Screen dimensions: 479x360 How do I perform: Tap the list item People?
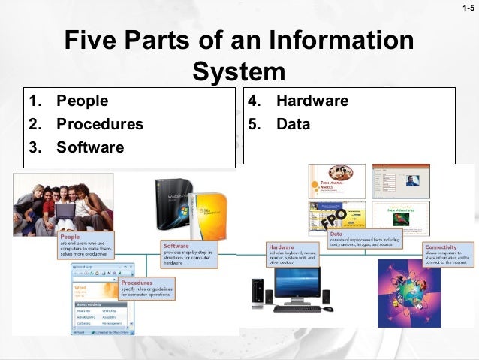tap(82, 101)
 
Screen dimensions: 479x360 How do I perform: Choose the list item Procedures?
tap(99, 124)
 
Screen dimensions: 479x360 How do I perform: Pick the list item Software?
tap(89, 147)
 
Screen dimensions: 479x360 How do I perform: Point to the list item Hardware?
tap(312, 101)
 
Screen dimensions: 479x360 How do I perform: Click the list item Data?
tap(293, 124)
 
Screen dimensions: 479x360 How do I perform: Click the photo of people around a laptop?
tap(63, 203)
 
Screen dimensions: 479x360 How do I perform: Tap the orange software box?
tap(208, 216)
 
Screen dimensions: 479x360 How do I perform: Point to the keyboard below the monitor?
tap(297, 309)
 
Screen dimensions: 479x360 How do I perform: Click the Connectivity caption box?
tap(448, 254)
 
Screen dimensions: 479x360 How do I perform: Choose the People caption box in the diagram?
tap(85, 245)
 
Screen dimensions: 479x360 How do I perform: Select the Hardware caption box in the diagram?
tap(292, 253)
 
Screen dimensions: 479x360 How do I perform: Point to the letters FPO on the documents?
tap(335, 219)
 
